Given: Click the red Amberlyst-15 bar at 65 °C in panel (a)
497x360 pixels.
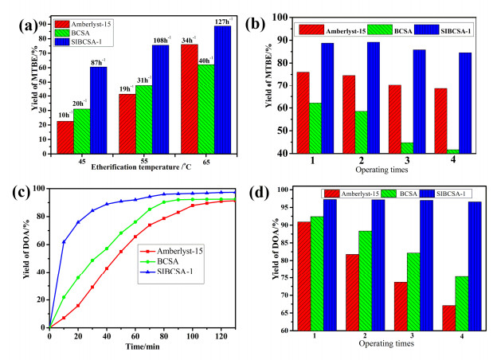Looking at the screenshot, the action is [x=190, y=100].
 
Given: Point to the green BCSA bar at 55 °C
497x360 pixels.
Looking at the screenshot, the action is [x=143, y=119].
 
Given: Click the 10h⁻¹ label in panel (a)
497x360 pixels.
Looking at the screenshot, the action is [x=65, y=115].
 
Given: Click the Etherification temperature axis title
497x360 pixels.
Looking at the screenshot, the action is [x=141, y=167].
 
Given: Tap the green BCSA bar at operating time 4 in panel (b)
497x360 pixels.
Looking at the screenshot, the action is [x=453, y=151].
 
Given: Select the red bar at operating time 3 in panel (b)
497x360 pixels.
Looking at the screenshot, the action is [x=394, y=119].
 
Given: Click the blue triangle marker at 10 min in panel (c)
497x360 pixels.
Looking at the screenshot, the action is [x=64, y=242].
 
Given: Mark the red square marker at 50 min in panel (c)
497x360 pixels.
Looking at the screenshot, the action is [x=121, y=252].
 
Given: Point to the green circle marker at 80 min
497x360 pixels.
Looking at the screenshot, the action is [x=164, y=202].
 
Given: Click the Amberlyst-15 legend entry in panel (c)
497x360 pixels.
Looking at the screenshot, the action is [x=171, y=252].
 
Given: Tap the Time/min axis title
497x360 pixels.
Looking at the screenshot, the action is [x=143, y=346].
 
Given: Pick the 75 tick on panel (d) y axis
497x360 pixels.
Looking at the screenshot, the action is [x=287, y=278].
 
